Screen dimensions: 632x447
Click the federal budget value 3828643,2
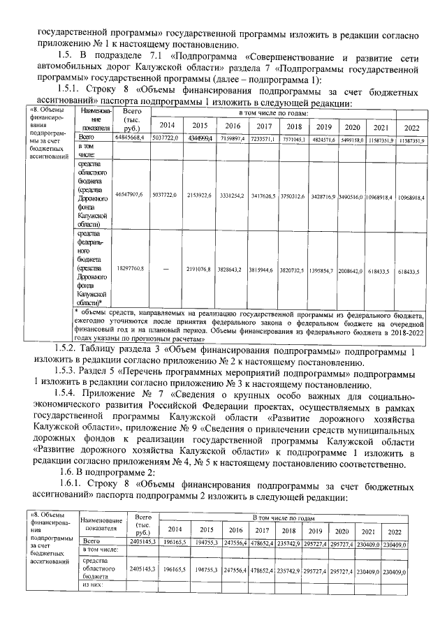tap(232, 269)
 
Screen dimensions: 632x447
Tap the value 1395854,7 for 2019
tap(323, 269)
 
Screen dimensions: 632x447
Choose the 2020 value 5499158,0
tap(353, 140)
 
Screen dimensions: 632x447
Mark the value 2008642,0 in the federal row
tap(353, 269)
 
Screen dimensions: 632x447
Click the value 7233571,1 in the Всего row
tap(263, 140)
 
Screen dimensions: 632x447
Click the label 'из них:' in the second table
tap(94, 585)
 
